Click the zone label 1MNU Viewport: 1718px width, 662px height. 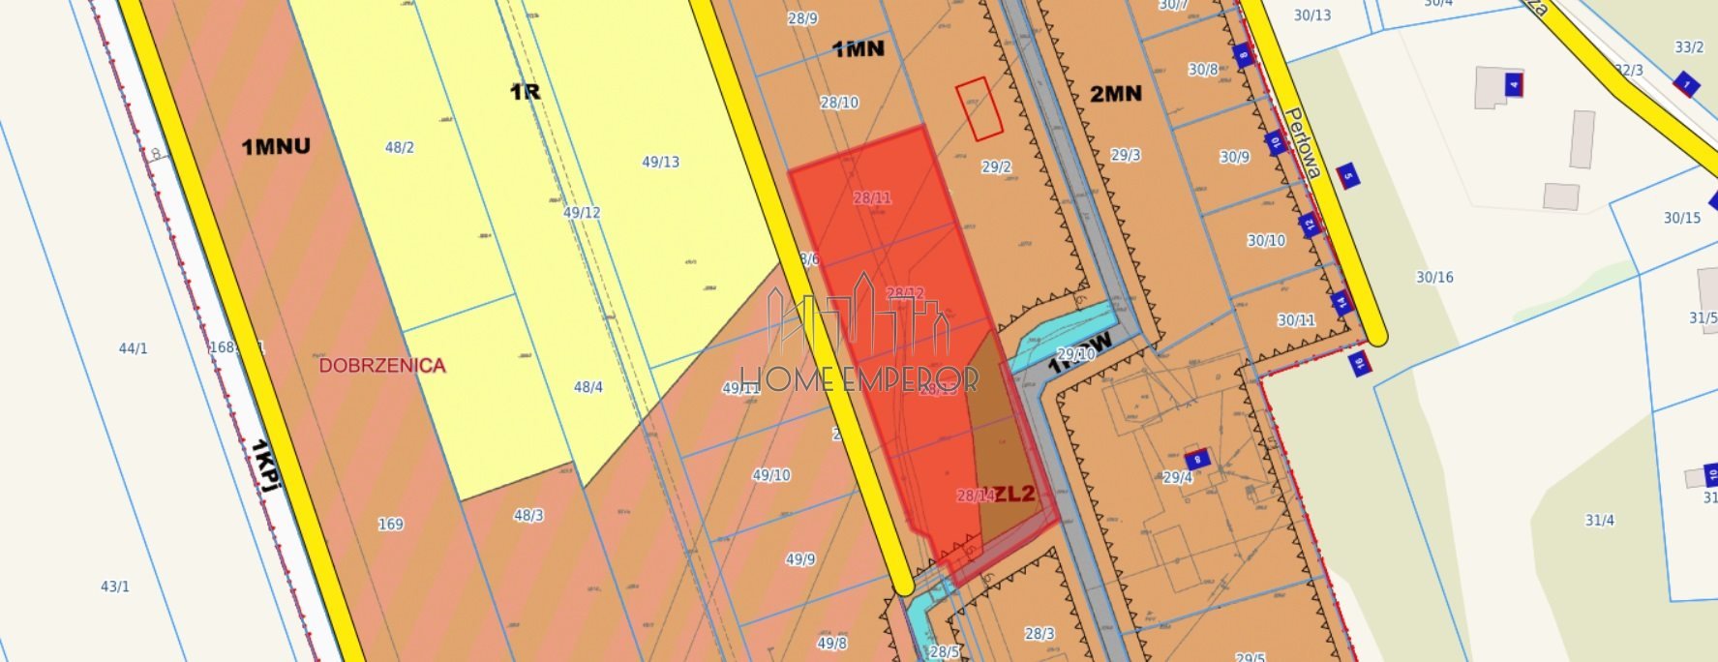276,147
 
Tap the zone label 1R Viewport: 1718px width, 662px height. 525,92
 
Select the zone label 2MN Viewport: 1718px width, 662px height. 1115,94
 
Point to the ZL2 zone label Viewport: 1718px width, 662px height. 1013,494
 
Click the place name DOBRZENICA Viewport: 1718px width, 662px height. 382,366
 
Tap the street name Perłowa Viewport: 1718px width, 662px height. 1303,143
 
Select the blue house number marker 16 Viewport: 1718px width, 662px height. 1360,364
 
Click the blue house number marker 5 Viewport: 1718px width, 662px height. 1347,175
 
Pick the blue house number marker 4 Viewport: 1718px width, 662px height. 1513,85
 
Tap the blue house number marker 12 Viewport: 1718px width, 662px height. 1310,226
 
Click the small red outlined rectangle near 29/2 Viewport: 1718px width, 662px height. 979,108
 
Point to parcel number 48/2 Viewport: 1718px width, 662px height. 399,148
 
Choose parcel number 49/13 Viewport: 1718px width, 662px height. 660,163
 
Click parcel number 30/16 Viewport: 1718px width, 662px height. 1434,278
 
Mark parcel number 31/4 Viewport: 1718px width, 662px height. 1599,521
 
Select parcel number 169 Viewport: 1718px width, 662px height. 390,525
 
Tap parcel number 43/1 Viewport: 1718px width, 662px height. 115,587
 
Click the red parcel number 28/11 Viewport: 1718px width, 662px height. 872,198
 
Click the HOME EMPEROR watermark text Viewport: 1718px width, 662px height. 859,378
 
